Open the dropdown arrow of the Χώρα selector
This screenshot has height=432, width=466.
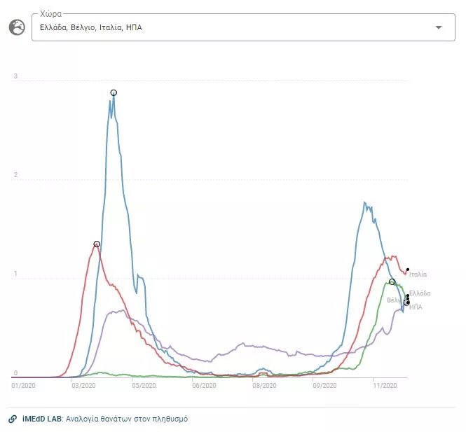click(439, 27)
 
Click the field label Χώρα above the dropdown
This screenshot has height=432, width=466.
click(50, 13)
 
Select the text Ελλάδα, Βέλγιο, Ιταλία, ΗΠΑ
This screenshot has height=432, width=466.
click(91, 27)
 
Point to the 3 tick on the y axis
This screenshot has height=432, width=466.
click(16, 76)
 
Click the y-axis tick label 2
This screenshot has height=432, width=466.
click(16, 176)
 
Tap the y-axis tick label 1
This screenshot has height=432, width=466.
click(16, 274)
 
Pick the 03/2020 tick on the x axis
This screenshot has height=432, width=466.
click(84, 385)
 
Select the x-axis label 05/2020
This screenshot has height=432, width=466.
click(144, 385)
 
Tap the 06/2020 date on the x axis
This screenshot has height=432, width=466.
click(204, 385)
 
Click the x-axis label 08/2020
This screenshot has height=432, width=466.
click(264, 385)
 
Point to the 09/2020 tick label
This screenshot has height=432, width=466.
click(324, 385)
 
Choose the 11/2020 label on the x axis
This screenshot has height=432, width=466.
click(385, 385)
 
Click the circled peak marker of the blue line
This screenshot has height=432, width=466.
click(114, 92)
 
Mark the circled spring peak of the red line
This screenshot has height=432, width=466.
click(97, 244)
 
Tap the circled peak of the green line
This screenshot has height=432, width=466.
click(392, 281)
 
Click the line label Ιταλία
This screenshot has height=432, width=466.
click(418, 274)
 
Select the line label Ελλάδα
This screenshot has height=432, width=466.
click(420, 293)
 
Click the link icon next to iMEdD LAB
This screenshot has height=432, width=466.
click(13, 419)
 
